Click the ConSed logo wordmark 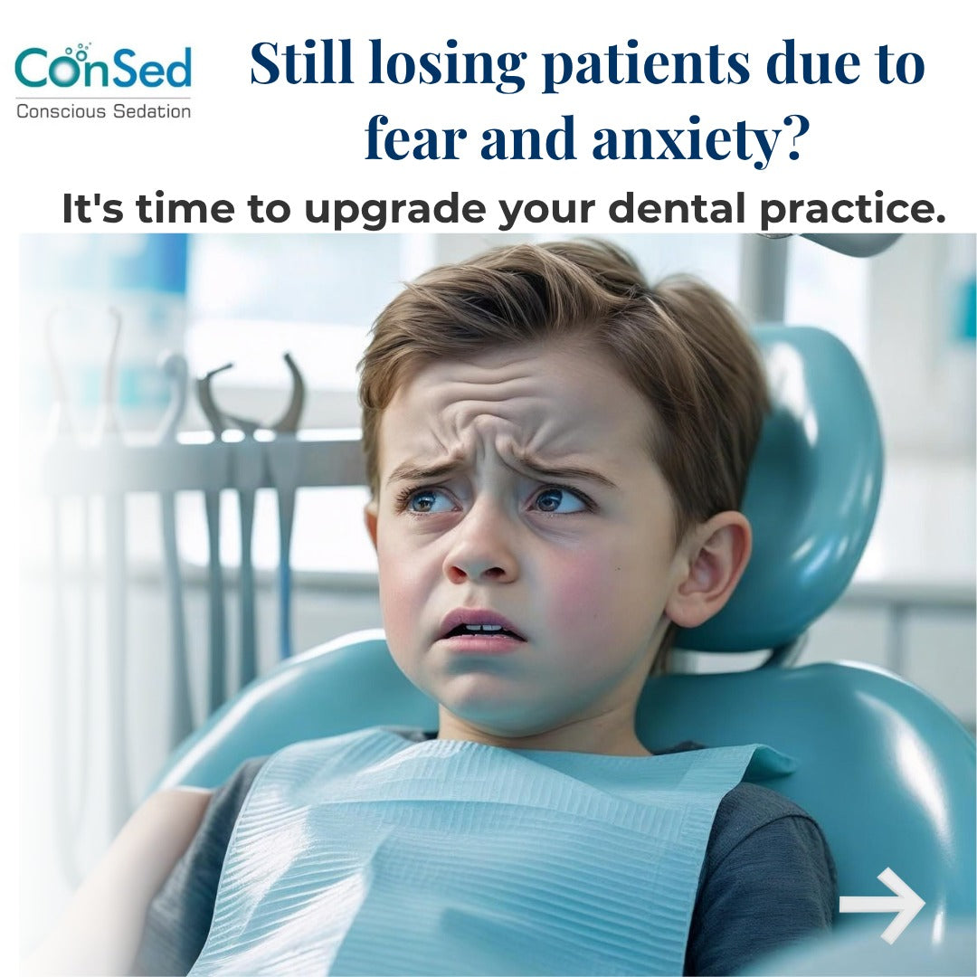coord(103,69)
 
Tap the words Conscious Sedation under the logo coord(103,112)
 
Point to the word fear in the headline coord(415,141)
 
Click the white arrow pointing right coord(881,904)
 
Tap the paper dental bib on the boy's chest coord(452,859)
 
